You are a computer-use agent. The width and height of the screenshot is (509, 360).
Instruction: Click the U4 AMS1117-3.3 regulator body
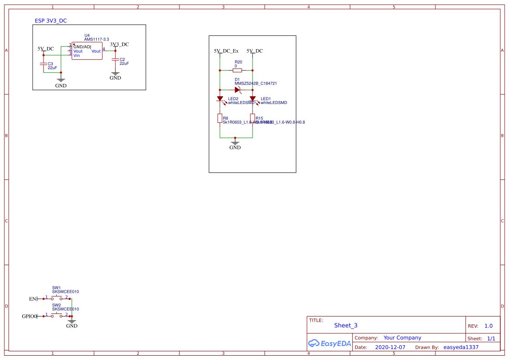click(87, 51)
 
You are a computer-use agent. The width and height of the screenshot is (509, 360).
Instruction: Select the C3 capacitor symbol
click(44, 64)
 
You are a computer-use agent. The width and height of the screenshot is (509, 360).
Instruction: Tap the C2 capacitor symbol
click(115, 59)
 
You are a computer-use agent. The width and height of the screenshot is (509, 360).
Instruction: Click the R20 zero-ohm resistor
click(237, 70)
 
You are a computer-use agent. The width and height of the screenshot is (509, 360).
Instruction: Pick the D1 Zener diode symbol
click(237, 90)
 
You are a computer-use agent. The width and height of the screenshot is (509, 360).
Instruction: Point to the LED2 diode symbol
click(220, 99)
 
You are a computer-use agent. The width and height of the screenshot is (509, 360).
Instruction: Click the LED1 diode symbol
click(253, 99)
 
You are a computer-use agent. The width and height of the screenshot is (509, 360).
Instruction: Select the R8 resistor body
click(220, 118)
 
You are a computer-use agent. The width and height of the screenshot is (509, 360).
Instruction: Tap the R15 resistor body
click(253, 118)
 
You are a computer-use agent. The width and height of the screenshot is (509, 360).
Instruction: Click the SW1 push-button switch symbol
click(57, 298)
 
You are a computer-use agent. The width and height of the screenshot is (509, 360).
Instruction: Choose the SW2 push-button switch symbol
click(57, 316)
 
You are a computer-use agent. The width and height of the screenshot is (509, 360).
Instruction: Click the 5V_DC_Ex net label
click(226, 51)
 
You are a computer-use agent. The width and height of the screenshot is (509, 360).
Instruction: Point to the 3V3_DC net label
click(119, 44)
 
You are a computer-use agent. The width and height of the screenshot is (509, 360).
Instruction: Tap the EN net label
click(33, 299)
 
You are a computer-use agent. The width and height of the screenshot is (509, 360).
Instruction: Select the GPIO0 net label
click(29, 316)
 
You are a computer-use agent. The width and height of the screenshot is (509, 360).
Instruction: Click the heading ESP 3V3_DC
click(51, 21)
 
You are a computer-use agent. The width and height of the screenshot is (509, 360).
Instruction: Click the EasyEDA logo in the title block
click(329, 343)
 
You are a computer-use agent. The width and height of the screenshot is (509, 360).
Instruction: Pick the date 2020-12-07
click(390, 347)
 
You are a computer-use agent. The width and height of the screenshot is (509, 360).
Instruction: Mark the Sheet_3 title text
click(346, 325)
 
